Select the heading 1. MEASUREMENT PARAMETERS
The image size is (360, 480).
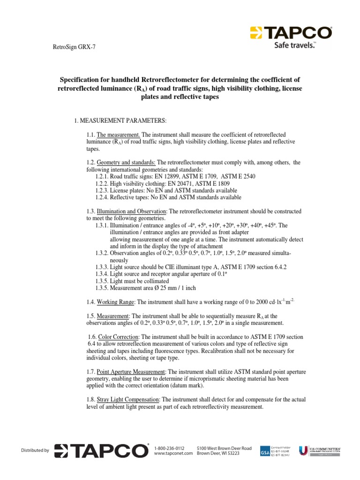click(x=120, y=120)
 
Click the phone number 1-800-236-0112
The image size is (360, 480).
click(x=169, y=449)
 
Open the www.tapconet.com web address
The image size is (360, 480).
click(x=173, y=454)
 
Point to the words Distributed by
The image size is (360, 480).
click(x=35, y=450)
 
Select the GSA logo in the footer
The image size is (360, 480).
click(x=265, y=451)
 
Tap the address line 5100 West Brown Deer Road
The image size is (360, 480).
click(x=224, y=449)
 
